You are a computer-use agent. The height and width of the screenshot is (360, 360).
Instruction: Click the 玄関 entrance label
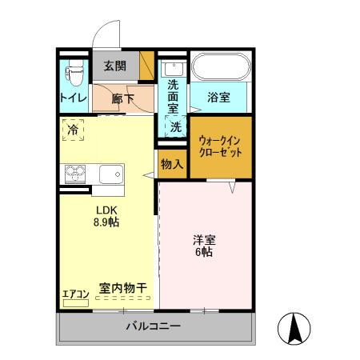114,66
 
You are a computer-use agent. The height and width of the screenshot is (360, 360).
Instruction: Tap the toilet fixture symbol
74,74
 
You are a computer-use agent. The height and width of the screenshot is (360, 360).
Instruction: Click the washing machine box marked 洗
174,126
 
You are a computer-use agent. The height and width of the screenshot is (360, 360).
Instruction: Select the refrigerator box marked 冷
73,129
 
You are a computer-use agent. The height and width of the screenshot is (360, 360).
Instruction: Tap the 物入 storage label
171,164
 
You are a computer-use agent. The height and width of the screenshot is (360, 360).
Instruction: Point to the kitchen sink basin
110,174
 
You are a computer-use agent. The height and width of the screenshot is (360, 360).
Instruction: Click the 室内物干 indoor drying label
122,287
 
